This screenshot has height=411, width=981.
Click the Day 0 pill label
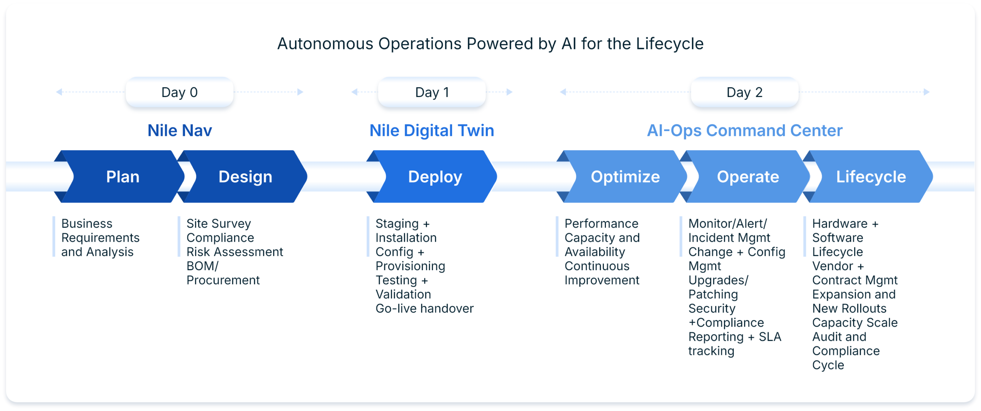[x=179, y=92]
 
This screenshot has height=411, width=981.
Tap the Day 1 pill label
[x=432, y=92]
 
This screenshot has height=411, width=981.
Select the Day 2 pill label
[x=744, y=92]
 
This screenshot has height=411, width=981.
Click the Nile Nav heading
[x=180, y=130]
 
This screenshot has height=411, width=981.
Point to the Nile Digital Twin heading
[x=432, y=130]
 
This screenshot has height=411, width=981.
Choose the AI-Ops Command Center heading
[x=745, y=130]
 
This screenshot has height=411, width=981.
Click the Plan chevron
[x=123, y=177]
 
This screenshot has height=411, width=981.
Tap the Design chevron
[x=245, y=177]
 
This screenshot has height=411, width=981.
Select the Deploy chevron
[x=435, y=177]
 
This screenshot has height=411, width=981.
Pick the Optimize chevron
[x=625, y=177]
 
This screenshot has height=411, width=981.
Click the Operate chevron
[x=748, y=177]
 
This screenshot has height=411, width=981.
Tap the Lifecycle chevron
[x=871, y=177]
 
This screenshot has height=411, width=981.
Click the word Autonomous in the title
[x=325, y=44]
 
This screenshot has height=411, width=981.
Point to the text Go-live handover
[x=425, y=309]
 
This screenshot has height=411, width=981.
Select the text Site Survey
[x=218, y=223]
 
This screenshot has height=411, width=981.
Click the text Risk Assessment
[x=235, y=252]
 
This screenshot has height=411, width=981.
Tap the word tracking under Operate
[x=711, y=351]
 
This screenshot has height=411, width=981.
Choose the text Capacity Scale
[x=855, y=322]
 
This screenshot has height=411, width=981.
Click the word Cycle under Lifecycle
[x=828, y=365]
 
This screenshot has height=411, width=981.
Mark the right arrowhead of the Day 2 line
[x=927, y=92]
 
